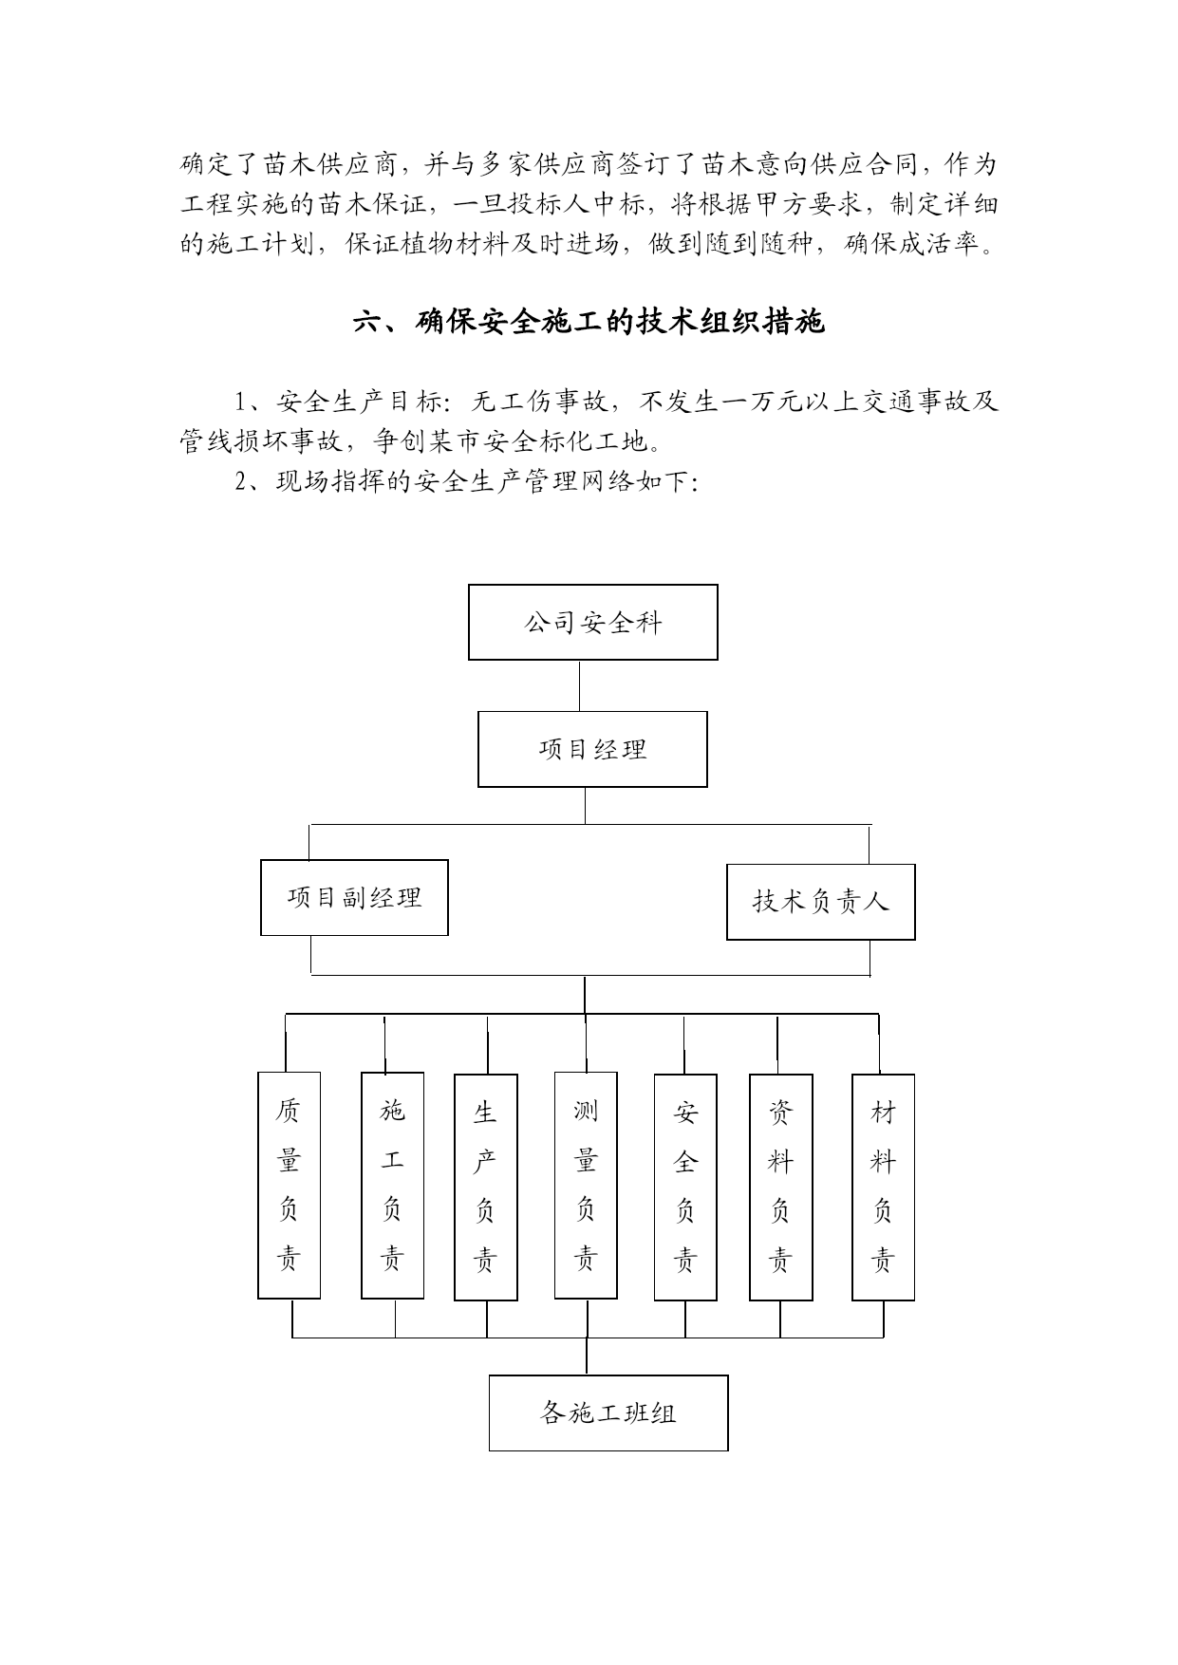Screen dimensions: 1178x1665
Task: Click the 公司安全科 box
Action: pos(592,622)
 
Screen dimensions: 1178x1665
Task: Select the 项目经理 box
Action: pos(592,749)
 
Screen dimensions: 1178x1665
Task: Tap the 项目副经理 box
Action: pos(354,897)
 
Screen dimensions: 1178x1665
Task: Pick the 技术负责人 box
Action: pos(821,902)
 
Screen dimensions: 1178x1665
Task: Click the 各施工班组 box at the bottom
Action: pos(608,1412)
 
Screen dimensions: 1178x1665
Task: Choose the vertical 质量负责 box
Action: pos(290,1186)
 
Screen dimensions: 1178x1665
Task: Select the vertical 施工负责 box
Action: pos(392,1186)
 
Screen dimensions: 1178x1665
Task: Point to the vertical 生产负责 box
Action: pos(486,1187)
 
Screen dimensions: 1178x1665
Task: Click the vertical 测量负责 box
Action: pos(586,1186)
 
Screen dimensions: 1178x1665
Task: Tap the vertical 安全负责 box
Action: pos(685,1187)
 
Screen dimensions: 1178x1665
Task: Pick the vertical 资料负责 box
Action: pos(781,1187)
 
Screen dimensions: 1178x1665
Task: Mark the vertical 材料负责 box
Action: pos(884,1187)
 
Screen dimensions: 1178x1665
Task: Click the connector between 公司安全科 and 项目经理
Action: pos(580,685)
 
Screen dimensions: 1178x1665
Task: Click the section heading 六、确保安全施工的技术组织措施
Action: pos(589,323)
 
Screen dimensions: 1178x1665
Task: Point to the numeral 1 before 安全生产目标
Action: pos(241,402)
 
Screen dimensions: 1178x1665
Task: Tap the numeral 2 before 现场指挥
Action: pos(241,481)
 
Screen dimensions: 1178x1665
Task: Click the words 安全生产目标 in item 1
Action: pos(356,402)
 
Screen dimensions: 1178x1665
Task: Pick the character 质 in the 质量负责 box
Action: pos(290,1110)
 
